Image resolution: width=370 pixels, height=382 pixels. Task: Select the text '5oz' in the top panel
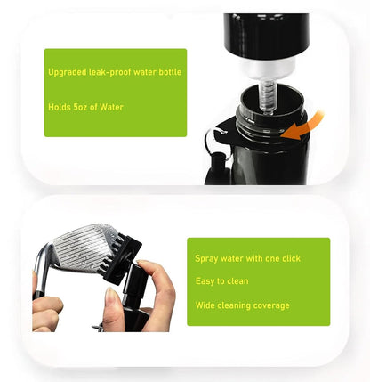(84, 106)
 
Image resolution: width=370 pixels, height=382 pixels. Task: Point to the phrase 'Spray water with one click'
(247, 258)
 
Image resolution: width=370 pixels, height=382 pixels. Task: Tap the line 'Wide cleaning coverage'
(242, 305)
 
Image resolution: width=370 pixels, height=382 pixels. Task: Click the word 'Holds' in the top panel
(60, 106)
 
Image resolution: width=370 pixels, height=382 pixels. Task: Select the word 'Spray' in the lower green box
(206, 258)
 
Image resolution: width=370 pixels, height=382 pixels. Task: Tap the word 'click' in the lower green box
(289, 258)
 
